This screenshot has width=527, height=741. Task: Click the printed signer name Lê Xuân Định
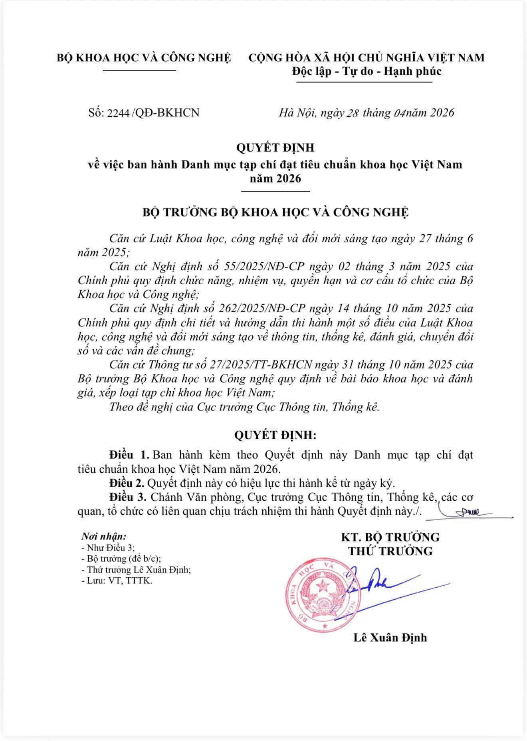[390, 637]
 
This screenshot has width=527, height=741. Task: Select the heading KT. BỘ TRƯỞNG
[390, 537]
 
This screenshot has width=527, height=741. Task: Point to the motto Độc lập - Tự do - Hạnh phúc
[367, 71]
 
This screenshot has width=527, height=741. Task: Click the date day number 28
[353, 113]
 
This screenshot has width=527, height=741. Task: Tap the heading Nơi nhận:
[104, 536]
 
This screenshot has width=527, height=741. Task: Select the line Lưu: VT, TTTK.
[117, 581]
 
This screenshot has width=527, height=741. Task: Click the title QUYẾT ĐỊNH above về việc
[275, 148]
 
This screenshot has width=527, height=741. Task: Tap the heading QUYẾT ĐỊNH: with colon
[275, 435]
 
